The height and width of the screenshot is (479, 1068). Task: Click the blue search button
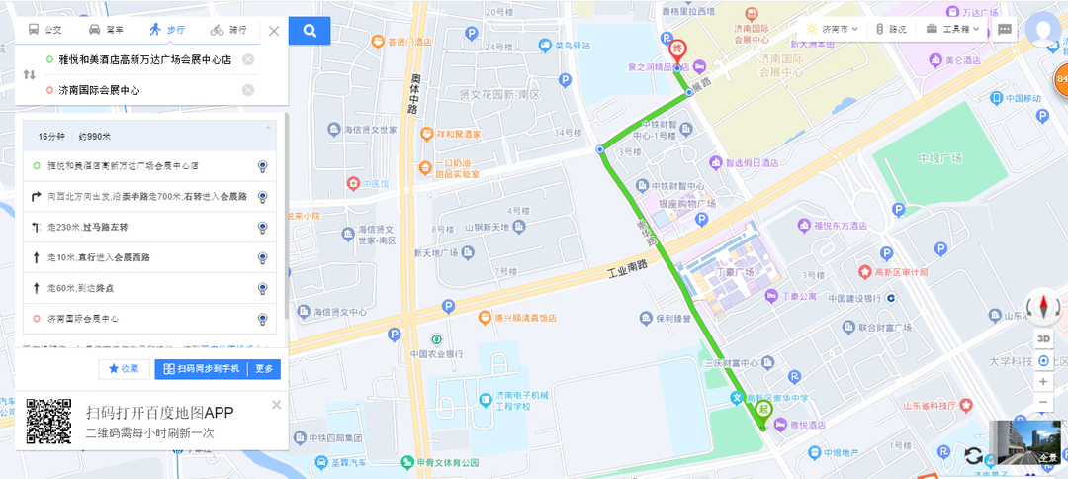click(x=310, y=31)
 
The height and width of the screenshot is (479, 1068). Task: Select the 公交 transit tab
click(x=44, y=30)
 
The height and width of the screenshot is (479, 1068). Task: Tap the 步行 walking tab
click(x=167, y=30)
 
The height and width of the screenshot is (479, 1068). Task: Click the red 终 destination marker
click(x=677, y=47)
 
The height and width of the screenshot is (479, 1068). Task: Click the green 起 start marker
click(x=762, y=408)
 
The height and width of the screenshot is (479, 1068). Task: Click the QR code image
click(x=48, y=422)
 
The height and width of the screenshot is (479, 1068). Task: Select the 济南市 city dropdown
click(x=832, y=30)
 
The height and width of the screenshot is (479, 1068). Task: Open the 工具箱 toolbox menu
click(x=953, y=30)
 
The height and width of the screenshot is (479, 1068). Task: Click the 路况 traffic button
click(x=891, y=30)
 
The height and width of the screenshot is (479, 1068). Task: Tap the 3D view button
click(x=1043, y=339)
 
